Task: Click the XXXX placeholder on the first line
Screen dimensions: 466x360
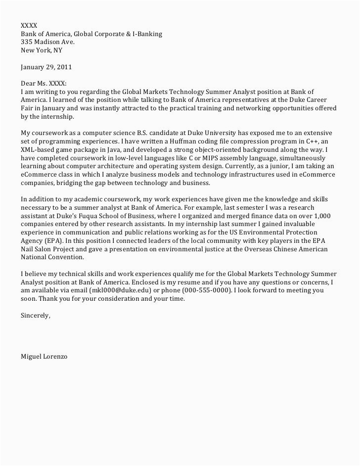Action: pyautogui.click(x=28, y=25)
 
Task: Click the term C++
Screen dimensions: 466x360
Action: pyautogui.click(x=312, y=141)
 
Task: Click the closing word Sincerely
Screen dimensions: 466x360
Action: pyautogui.click(x=35, y=316)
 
